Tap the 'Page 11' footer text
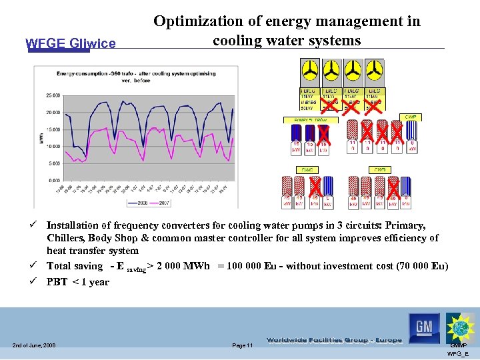click(x=242, y=345)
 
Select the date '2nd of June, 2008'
click(x=33, y=345)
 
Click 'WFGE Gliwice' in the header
click(x=70, y=44)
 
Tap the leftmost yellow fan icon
click(x=310, y=71)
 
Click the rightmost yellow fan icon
click(x=374, y=71)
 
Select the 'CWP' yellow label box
click(x=411, y=117)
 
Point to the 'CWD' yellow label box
click(x=379, y=170)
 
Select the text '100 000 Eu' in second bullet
click(x=253, y=266)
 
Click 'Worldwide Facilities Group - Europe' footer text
click(x=333, y=340)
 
